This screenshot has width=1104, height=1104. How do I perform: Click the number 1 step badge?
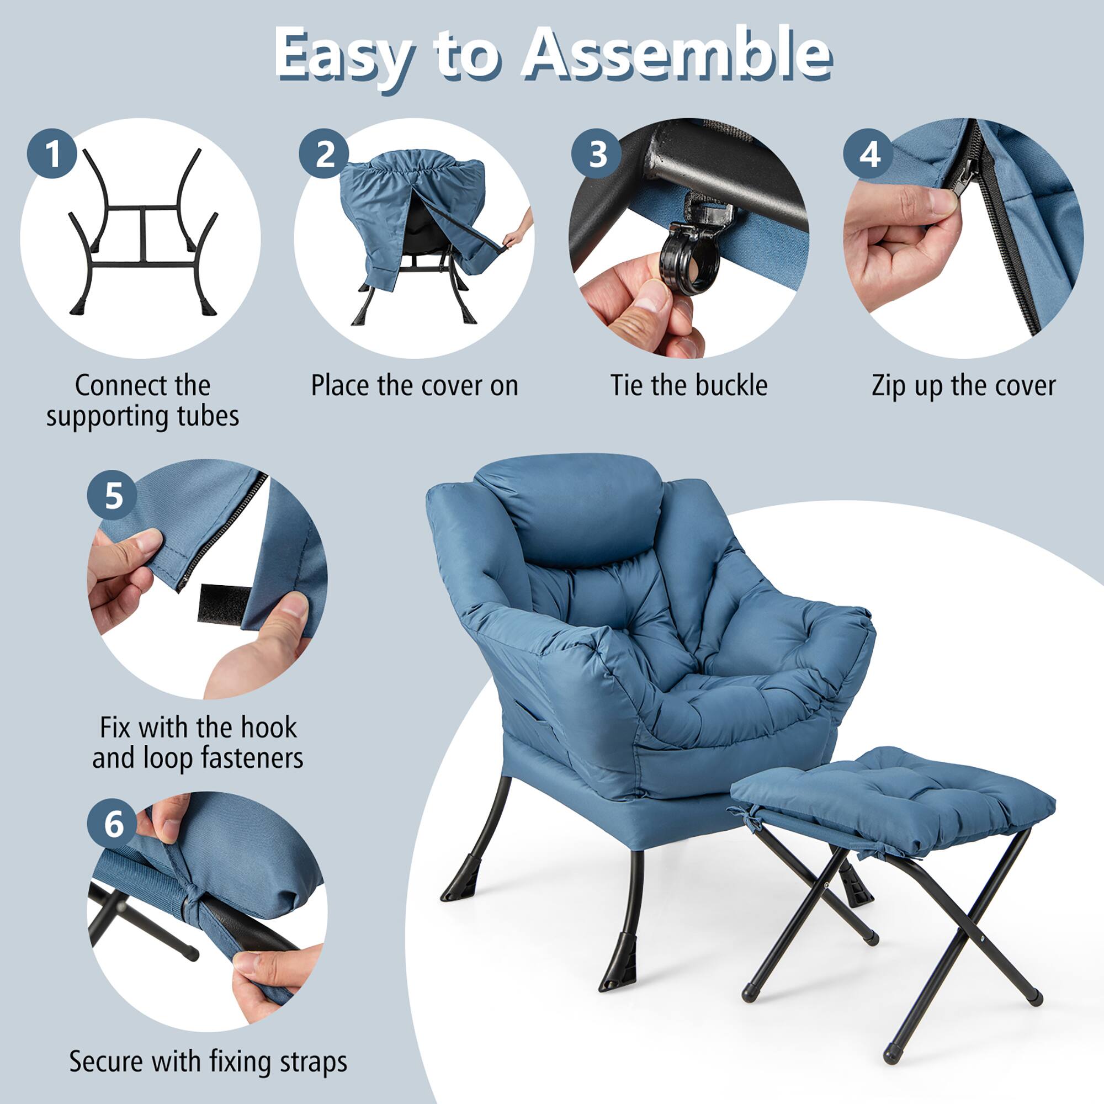[x=52, y=153]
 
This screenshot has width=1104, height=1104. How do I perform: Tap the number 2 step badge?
[x=325, y=153]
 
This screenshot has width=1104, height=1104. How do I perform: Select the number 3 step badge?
[x=597, y=153]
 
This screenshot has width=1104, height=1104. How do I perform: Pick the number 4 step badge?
[x=869, y=153]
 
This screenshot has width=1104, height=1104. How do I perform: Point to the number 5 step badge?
[x=113, y=495]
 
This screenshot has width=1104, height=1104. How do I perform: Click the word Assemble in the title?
[x=678, y=54]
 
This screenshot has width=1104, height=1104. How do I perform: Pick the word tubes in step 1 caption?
[x=208, y=416]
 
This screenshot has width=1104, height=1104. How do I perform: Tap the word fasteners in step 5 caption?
[x=251, y=758]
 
